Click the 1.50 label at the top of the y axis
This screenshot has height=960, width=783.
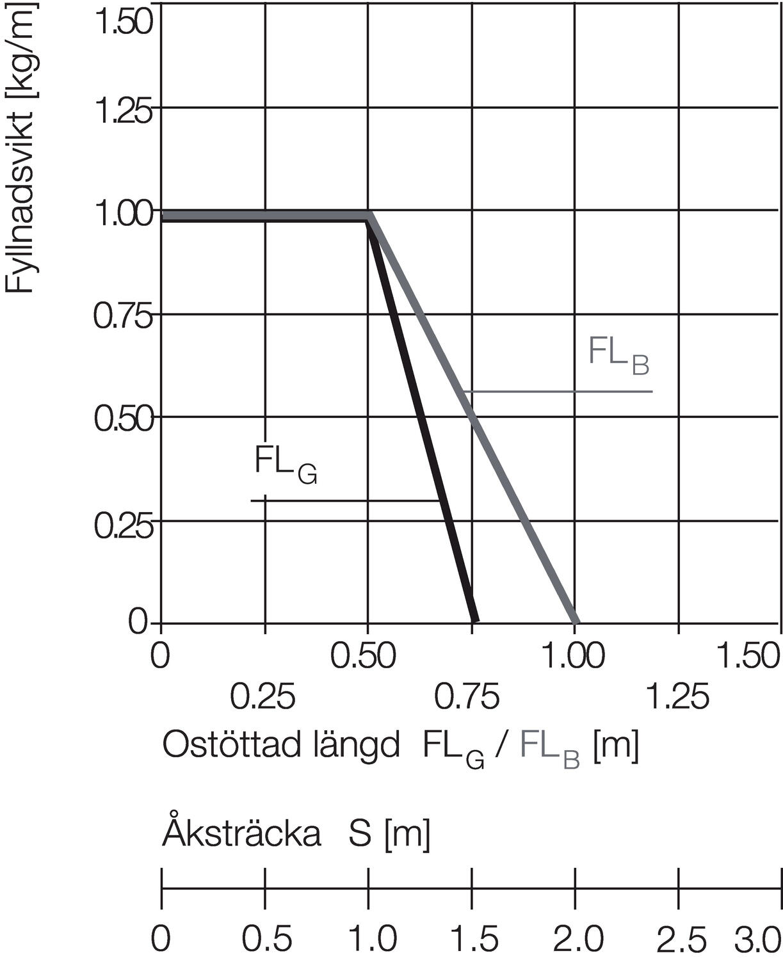tap(124, 21)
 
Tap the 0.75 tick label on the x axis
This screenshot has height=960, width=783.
tap(467, 697)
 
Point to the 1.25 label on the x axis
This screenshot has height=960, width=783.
tap(677, 697)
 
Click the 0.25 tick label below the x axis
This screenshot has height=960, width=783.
tap(263, 697)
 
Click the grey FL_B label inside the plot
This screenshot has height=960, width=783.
tap(618, 356)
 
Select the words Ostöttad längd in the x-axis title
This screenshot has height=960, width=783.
tap(281, 745)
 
